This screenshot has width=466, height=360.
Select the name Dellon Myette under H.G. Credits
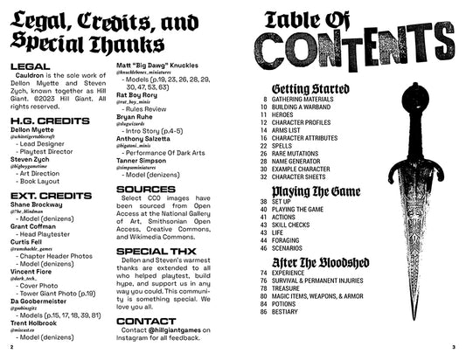pos(33,128)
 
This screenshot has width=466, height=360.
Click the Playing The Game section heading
pos(318,190)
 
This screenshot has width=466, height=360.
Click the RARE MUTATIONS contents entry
pos(298,152)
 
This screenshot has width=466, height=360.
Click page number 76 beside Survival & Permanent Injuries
pos(262,279)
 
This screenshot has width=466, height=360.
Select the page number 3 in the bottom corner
pos(455,347)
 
